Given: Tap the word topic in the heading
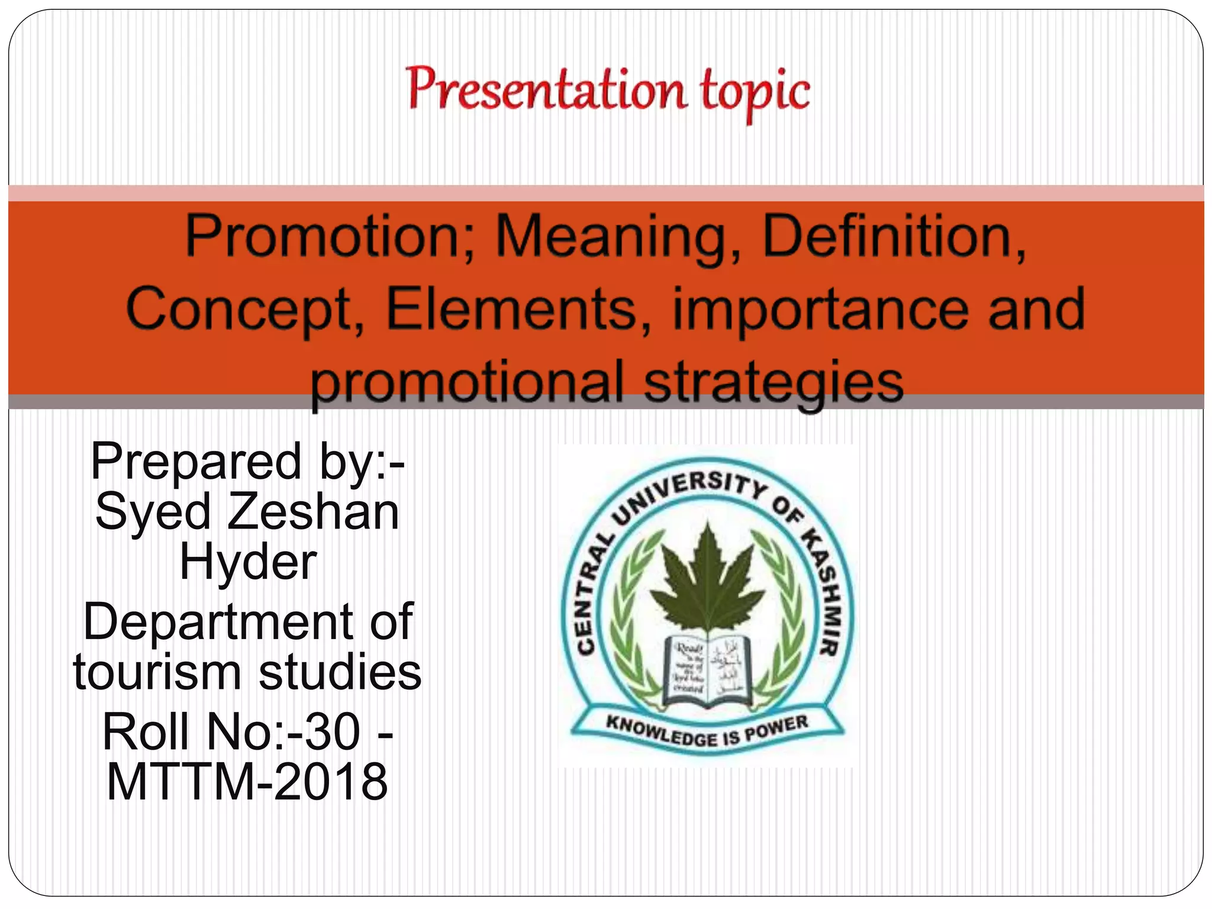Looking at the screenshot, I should click(755, 92).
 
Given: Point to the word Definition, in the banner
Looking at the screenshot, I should click(894, 237).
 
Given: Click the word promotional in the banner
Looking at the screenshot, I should click(468, 382).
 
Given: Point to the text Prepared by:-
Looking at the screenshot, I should click(247, 462).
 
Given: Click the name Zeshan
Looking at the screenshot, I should click(313, 512).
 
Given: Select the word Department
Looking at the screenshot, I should click(216, 622).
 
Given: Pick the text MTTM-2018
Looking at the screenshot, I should click(247, 782).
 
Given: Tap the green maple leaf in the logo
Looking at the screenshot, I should click(707, 580).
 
